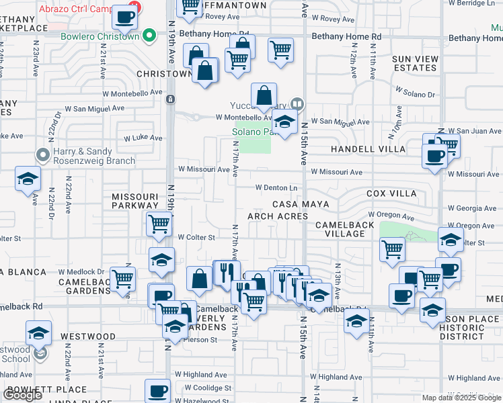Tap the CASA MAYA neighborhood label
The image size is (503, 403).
[x=301, y=204]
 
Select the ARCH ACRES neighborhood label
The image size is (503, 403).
[x=278, y=216]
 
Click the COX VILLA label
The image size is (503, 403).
[x=391, y=193]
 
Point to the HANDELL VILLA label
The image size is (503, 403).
[x=368, y=149]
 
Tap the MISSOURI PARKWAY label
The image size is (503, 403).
[x=136, y=201]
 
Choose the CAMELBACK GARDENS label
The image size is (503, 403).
[x=84, y=286]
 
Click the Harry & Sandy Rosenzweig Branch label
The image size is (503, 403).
[x=92, y=156]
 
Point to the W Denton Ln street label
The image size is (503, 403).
[x=276, y=187]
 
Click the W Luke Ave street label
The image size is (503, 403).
[x=143, y=138]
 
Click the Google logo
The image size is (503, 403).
[x=22, y=395]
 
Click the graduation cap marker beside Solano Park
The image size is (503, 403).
[x=285, y=123]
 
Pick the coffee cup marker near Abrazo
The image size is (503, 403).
[x=124, y=18]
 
